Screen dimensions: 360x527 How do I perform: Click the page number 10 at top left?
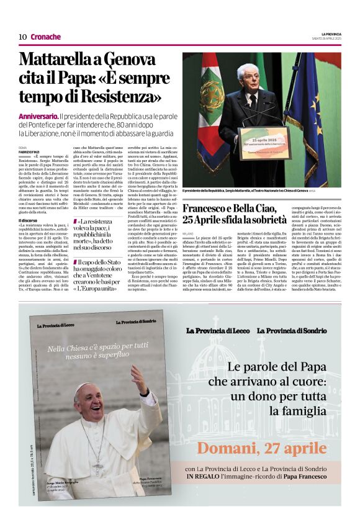click(x=22, y=37)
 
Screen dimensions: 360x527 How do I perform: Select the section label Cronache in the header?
click(x=45, y=37)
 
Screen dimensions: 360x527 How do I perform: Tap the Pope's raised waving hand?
click(x=138, y=379)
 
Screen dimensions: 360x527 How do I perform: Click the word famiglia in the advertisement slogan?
click(x=305, y=411)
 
